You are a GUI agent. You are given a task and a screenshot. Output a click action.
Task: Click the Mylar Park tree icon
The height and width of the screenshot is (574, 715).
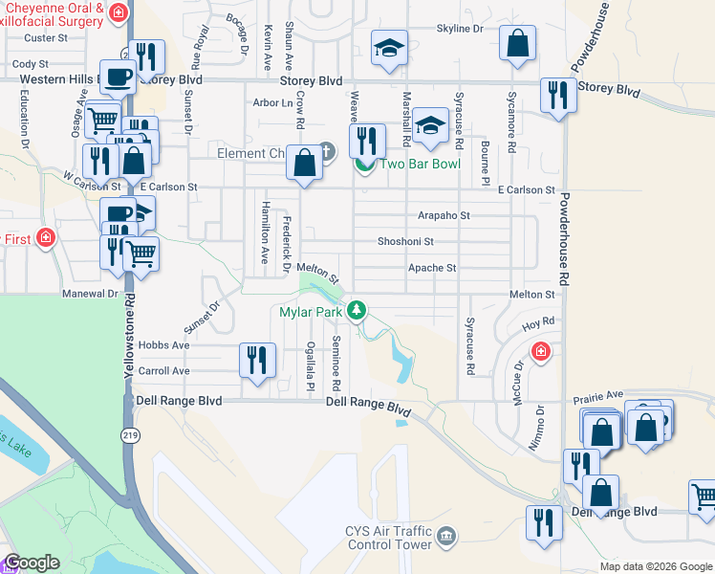tap(357, 310)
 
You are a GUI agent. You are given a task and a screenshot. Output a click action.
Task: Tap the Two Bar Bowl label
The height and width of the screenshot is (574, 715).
tap(421, 164)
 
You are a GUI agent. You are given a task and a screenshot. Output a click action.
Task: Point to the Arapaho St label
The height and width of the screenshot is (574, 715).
tap(444, 216)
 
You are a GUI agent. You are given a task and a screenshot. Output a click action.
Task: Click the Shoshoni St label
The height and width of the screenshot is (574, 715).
tap(405, 242)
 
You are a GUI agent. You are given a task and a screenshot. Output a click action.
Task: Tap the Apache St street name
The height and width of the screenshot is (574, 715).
tap(432, 268)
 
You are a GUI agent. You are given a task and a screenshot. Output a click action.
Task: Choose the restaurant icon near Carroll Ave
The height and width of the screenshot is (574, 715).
tap(256, 360)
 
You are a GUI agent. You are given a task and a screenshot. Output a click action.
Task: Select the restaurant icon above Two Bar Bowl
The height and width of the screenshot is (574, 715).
tap(367, 141)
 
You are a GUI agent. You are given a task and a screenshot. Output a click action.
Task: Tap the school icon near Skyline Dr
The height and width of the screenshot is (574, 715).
tap(389, 49)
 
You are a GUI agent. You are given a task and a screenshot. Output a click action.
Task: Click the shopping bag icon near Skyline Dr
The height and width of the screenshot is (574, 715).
tap(517, 42)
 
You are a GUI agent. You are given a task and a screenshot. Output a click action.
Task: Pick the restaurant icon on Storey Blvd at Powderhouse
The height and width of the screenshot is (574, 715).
tap(556, 95)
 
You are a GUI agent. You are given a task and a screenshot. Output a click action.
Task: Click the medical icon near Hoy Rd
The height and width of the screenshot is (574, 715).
tap(541, 352)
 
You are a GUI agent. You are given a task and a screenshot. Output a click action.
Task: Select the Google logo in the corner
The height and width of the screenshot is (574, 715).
tap(32, 563)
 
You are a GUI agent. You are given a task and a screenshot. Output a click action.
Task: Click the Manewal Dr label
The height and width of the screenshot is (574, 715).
tap(90, 294)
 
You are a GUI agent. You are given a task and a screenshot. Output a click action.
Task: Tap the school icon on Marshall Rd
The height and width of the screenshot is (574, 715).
tap(431, 124)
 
